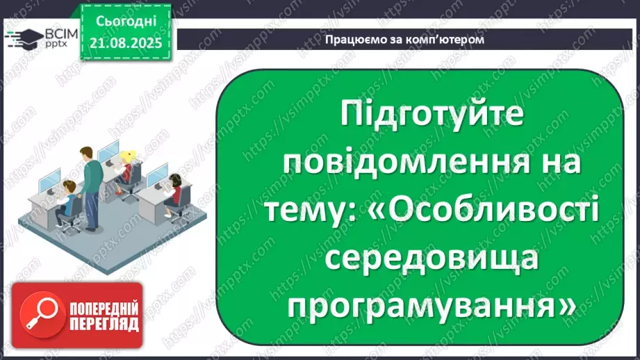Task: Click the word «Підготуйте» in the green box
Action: tap(433, 116)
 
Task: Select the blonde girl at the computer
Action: tap(127, 167)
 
